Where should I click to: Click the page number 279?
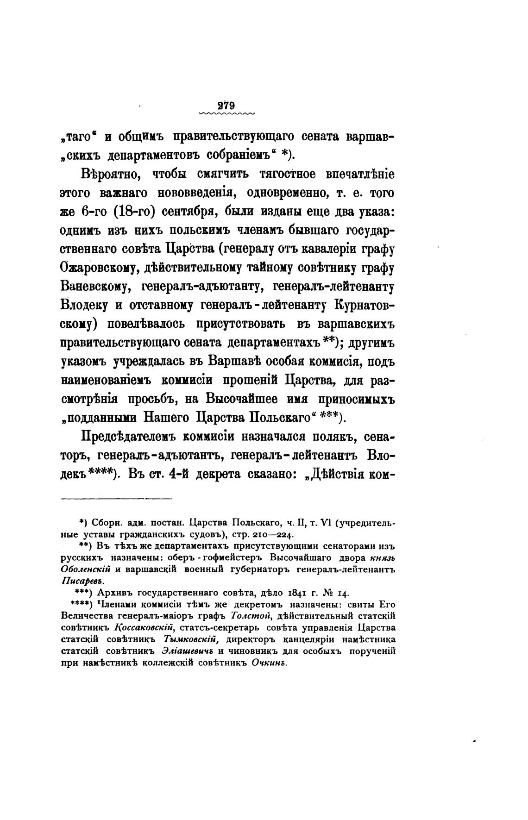(226, 105)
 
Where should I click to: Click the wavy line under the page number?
(226, 113)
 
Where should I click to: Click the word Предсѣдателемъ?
(126, 437)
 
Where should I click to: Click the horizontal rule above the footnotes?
(116, 499)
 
